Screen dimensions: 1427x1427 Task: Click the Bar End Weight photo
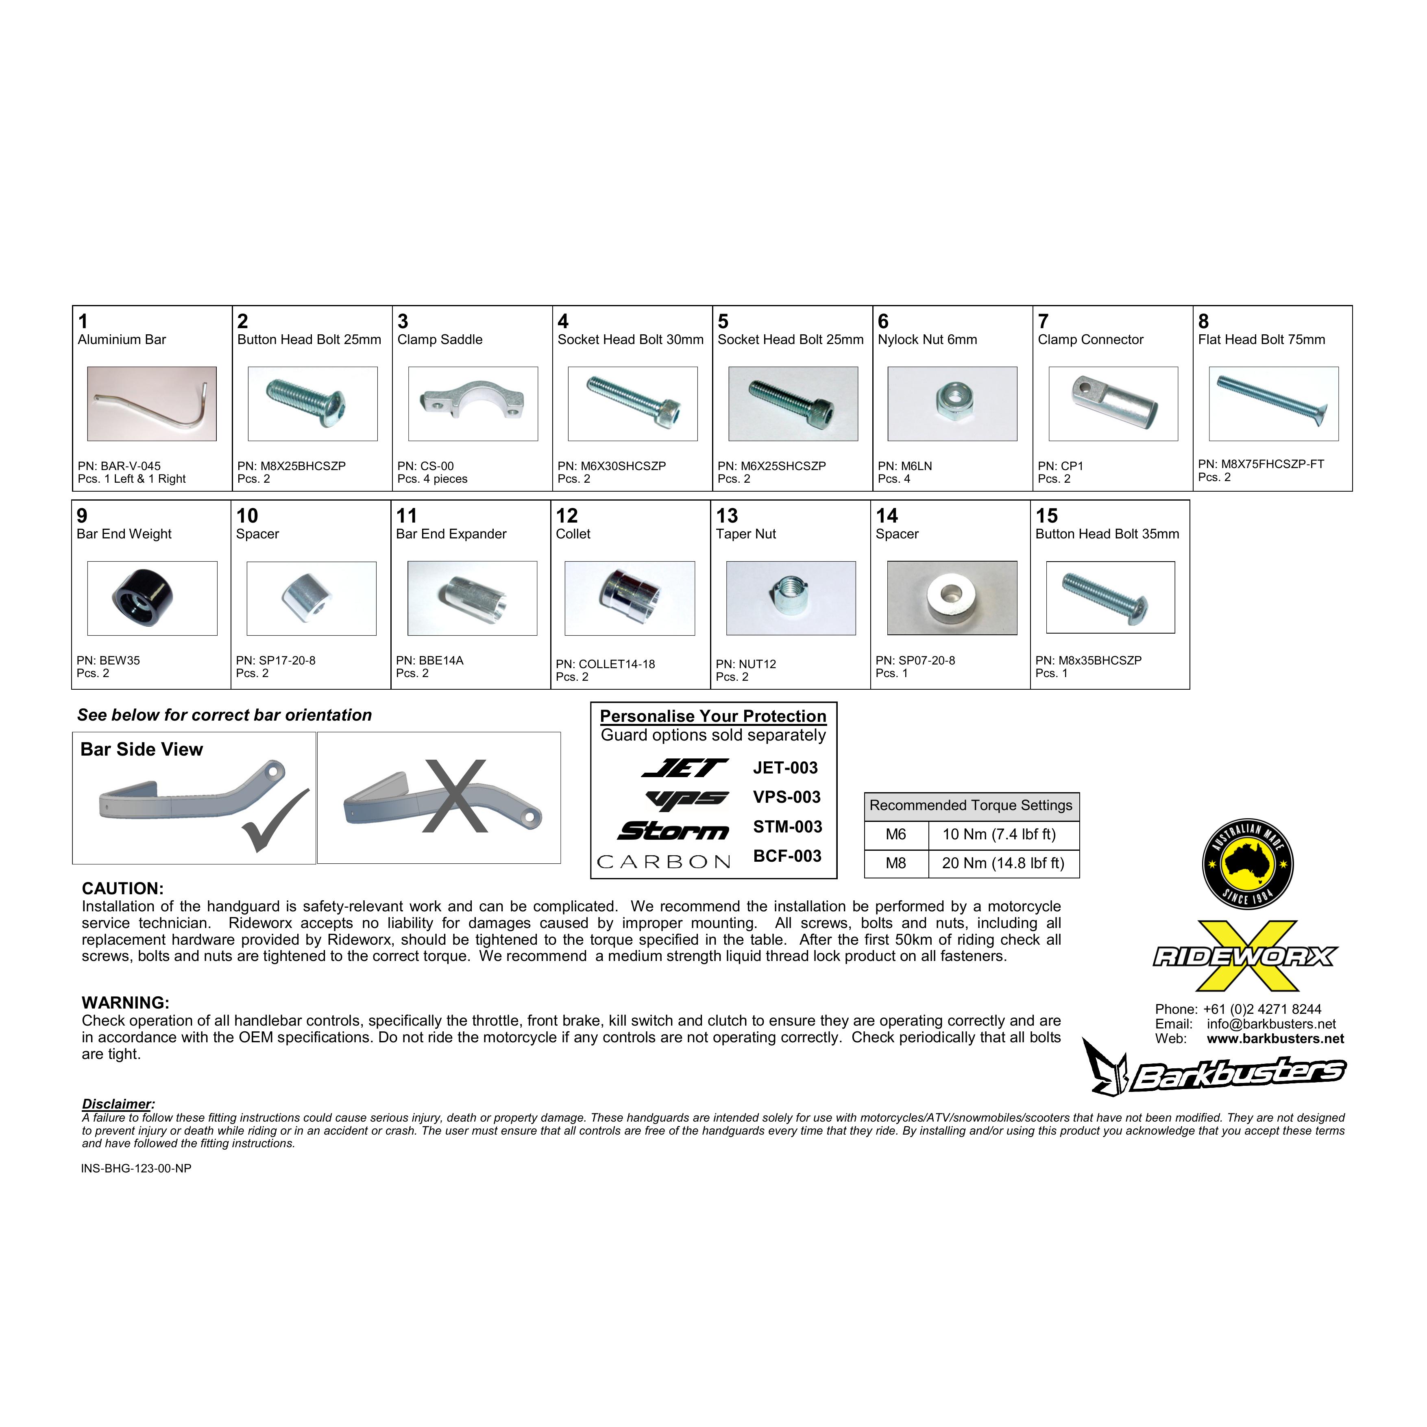[x=152, y=598]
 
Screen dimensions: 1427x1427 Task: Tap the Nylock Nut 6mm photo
[x=952, y=404]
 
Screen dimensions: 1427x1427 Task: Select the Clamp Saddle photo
[x=473, y=404]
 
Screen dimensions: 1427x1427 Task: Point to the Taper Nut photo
[x=791, y=598]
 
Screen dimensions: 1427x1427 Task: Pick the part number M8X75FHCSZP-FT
[x=1261, y=464]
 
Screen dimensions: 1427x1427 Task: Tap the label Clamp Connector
[x=1090, y=340]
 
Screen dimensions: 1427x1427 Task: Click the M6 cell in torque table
[x=896, y=834]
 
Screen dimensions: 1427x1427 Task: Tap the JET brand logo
[x=685, y=769]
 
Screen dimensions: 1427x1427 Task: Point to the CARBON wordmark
[x=664, y=862]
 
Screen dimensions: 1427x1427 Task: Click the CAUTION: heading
[x=122, y=889]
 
